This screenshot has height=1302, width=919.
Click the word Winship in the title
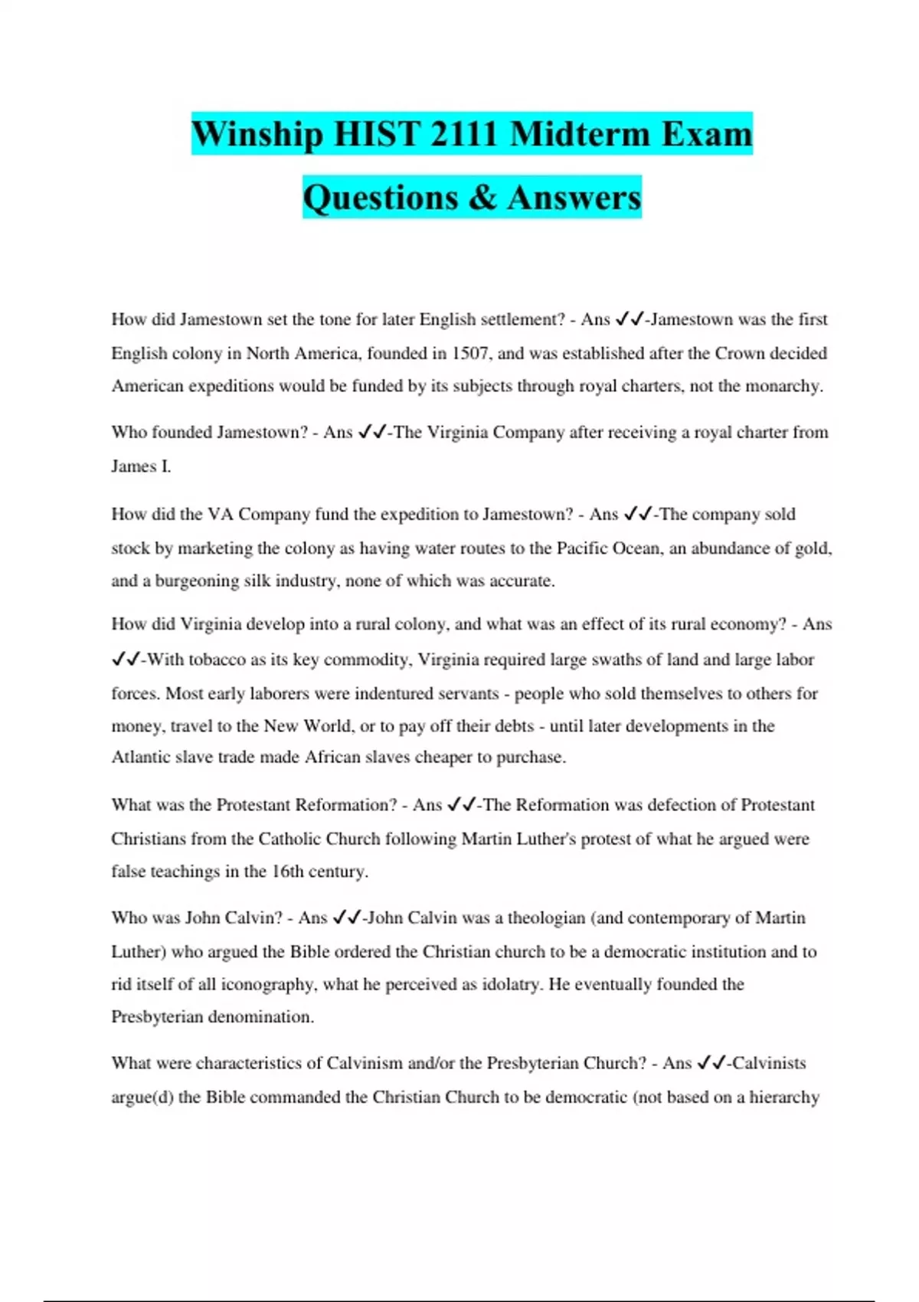coord(257,134)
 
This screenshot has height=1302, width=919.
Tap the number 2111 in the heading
coord(463,134)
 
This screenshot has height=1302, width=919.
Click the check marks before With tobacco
coord(125,659)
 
